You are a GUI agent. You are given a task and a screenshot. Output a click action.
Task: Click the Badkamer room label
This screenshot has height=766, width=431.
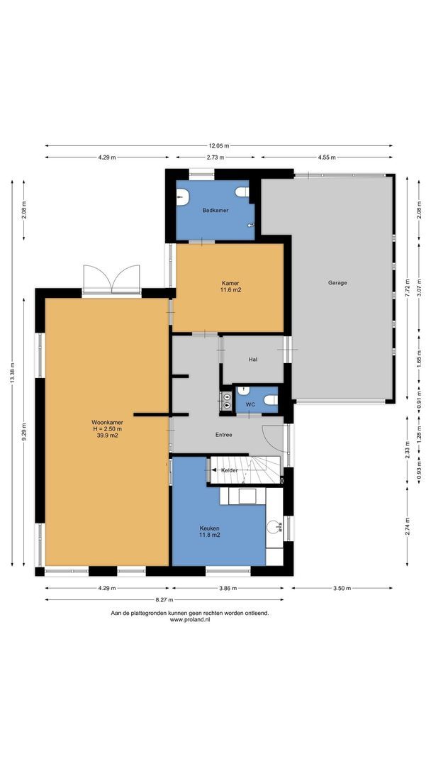coord(215,210)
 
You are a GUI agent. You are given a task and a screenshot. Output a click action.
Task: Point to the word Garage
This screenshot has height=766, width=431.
coord(337,282)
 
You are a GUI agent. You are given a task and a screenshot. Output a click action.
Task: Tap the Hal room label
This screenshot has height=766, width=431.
coord(252,360)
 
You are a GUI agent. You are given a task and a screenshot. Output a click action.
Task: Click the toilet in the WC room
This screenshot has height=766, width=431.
coord(269,401)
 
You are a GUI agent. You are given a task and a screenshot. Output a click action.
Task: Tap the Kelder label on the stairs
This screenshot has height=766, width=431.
coord(229,470)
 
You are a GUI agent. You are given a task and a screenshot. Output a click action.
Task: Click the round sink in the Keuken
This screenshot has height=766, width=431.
coord(274,526)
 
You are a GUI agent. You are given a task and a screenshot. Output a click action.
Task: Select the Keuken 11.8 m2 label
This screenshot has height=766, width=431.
coord(208,531)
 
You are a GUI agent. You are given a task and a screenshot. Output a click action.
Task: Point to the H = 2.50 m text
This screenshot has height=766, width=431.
coord(106,428)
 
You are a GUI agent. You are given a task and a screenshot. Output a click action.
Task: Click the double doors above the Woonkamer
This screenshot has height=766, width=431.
coord(111,278)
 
